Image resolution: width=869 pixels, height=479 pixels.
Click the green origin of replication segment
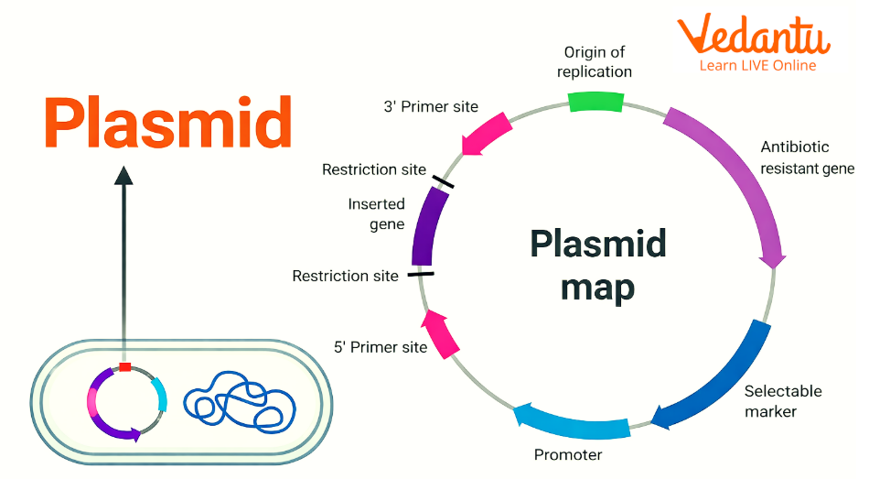[x=595, y=101]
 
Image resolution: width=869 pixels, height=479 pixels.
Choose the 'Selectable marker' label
[x=782, y=401]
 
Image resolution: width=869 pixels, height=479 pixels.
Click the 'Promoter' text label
[x=568, y=454]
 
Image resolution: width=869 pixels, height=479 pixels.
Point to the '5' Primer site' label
[x=381, y=347]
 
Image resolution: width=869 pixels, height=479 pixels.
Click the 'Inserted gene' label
[x=376, y=213]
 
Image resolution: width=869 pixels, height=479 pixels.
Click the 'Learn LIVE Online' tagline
[x=757, y=66]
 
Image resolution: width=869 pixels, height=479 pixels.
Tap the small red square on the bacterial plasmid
[x=125, y=367]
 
